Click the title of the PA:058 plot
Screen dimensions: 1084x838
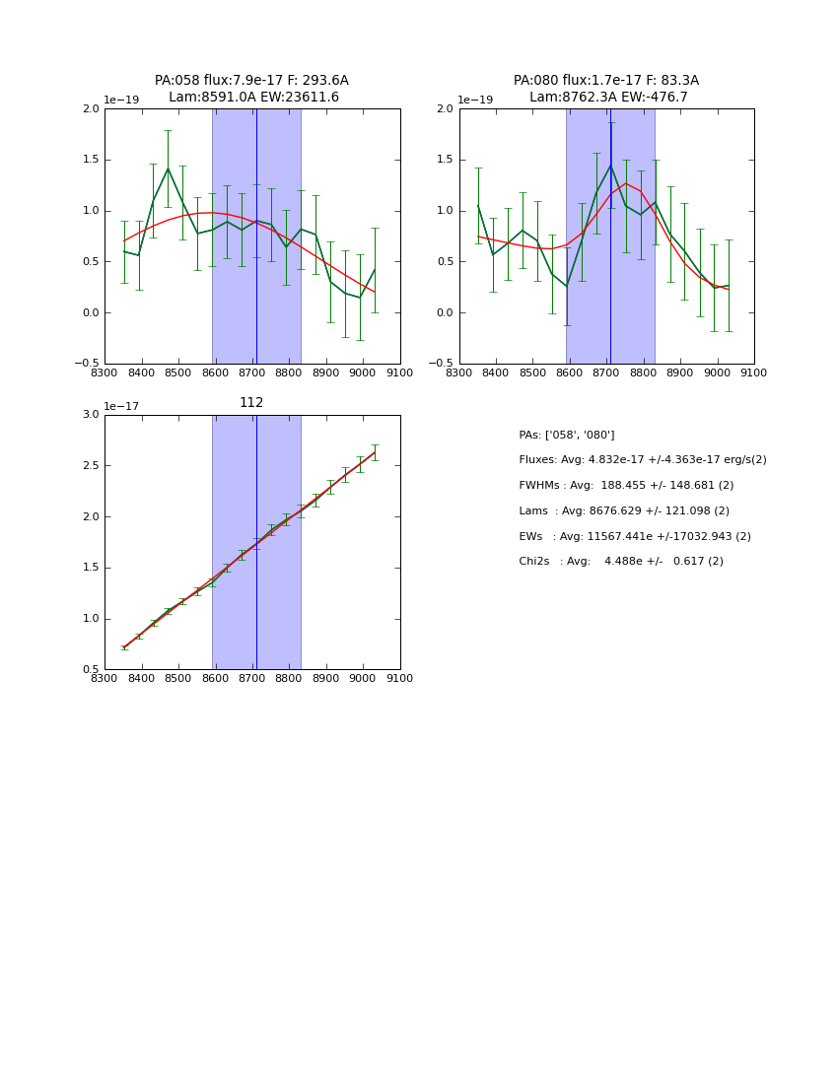click(x=251, y=89)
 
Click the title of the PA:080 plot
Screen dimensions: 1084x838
click(x=606, y=89)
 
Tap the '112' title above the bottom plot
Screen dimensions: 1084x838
click(x=251, y=402)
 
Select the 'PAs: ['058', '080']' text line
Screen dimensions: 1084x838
click(x=567, y=435)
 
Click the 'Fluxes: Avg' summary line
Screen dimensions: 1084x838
click(x=642, y=460)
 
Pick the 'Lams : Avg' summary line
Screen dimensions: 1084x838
click(x=624, y=510)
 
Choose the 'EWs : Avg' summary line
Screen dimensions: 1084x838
click(x=635, y=536)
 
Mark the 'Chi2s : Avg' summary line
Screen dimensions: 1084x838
click(x=621, y=562)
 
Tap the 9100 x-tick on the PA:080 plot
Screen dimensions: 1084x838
click(x=754, y=373)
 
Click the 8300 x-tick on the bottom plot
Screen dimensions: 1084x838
click(x=105, y=678)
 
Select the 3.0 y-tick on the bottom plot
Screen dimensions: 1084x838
click(x=91, y=415)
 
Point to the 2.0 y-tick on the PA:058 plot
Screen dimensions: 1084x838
click(x=91, y=108)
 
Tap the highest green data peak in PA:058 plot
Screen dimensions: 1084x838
click(x=168, y=169)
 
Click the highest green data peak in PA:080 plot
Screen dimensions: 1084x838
click(x=610, y=165)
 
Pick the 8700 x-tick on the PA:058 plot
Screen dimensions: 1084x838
click(x=252, y=373)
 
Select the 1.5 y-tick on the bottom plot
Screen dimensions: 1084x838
click(x=91, y=568)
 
